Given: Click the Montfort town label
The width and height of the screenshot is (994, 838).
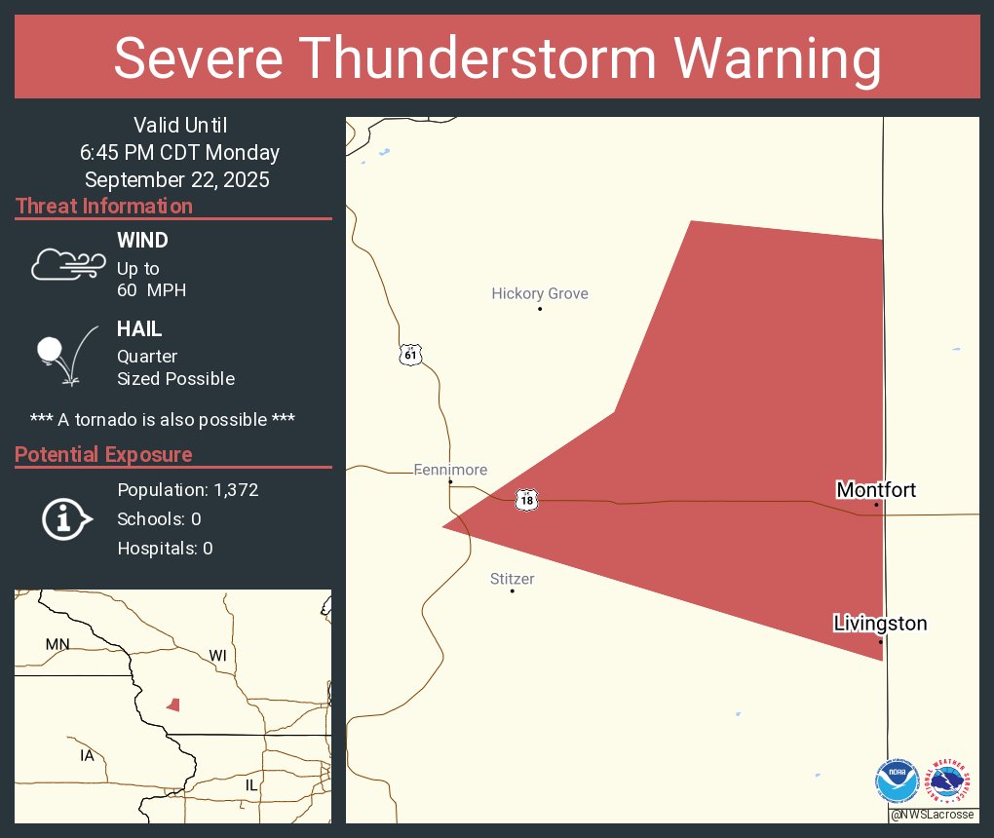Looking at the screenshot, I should pyautogui.click(x=876, y=489).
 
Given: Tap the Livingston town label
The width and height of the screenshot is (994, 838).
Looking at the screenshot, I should pyautogui.click(x=880, y=623).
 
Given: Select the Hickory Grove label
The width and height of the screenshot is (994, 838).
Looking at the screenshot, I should pyautogui.click(x=540, y=293).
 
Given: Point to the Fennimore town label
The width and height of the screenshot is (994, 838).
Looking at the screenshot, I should pyautogui.click(x=450, y=470).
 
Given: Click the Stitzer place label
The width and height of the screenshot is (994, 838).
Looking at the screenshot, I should pyautogui.click(x=512, y=579).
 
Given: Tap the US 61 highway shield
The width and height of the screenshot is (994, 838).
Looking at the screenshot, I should pyautogui.click(x=410, y=355).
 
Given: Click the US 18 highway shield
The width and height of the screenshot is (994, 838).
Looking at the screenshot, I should pyautogui.click(x=526, y=500).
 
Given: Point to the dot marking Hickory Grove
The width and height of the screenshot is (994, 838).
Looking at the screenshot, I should pyautogui.click(x=540, y=310).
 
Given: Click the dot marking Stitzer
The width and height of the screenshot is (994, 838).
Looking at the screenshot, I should pyautogui.click(x=513, y=590).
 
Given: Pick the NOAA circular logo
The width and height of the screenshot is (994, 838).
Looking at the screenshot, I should pyautogui.click(x=897, y=782).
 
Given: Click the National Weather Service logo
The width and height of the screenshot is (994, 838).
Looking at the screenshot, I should pyautogui.click(x=950, y=782).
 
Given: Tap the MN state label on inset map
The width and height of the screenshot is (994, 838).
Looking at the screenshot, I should pyautogui.click(x=57, y=644).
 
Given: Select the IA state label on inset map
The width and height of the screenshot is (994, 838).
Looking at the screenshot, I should pyautogui.click(x=87, y=755).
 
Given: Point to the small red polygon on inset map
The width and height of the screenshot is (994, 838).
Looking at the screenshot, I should pyautogui.click(x=173, y=704).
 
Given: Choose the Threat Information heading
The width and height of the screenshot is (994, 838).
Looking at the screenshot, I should pyautogui.click(x=104, y=206).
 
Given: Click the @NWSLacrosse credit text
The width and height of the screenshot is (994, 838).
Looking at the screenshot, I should pyautogui.click(x=933, y=815).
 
